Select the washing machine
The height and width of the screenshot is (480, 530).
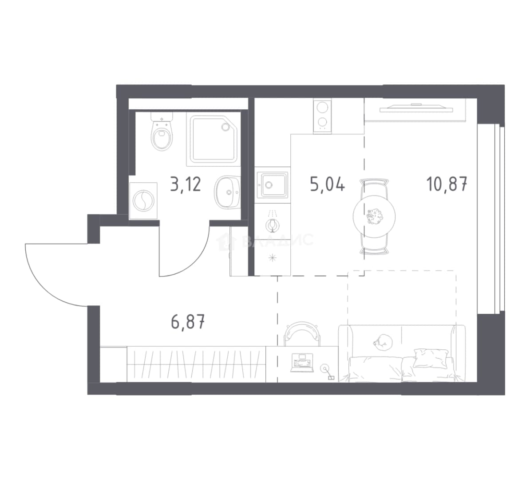point(143,200)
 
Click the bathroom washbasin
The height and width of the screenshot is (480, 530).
point(227,192)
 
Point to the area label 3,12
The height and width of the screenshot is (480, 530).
point(186,184)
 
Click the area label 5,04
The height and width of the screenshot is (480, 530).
point(327,185)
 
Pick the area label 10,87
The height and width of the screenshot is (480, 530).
point(447,184)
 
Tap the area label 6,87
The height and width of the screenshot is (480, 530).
point(188,321)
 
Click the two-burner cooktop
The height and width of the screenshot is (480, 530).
point(322,116)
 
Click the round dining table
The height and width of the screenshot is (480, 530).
point(374,216)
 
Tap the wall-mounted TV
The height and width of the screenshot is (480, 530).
point(416,108)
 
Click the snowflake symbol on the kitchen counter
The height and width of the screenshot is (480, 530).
point(273,258)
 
